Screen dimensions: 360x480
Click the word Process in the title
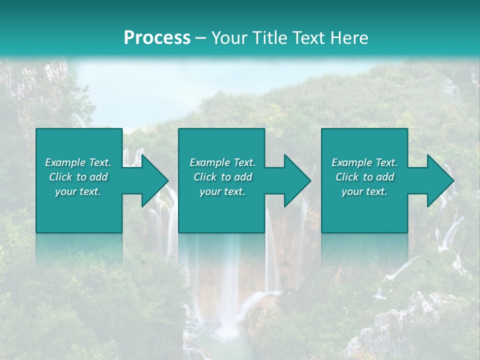(157, 38)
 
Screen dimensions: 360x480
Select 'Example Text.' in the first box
(78, 162)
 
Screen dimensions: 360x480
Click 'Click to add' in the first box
(78, 177)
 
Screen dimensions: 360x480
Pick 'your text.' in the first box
(78, 191)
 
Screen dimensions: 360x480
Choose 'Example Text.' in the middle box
(222, 162)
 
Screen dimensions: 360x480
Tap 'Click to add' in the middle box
(222, 177)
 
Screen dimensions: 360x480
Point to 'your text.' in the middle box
(222, 191)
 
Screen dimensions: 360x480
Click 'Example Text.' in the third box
(364, 162)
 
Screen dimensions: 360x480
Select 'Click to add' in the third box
(364, 177)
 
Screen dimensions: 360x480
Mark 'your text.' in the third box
(364, 191)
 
